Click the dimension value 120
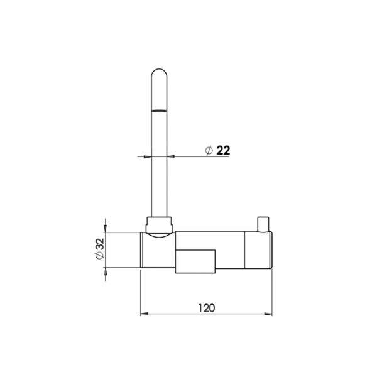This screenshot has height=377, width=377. click(206, 308)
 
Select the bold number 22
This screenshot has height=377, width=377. click(223, 151)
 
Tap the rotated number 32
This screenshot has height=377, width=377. click(100, 244)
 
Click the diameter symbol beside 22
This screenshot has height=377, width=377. click(209, 151)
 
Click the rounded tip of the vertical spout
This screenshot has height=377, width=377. click(159, 72)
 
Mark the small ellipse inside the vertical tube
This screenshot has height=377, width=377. click(159, 111)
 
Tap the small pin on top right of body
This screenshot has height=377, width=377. click(263, 224)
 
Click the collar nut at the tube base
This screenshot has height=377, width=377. click(159, 224)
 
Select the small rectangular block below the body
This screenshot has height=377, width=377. click(195, 261)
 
